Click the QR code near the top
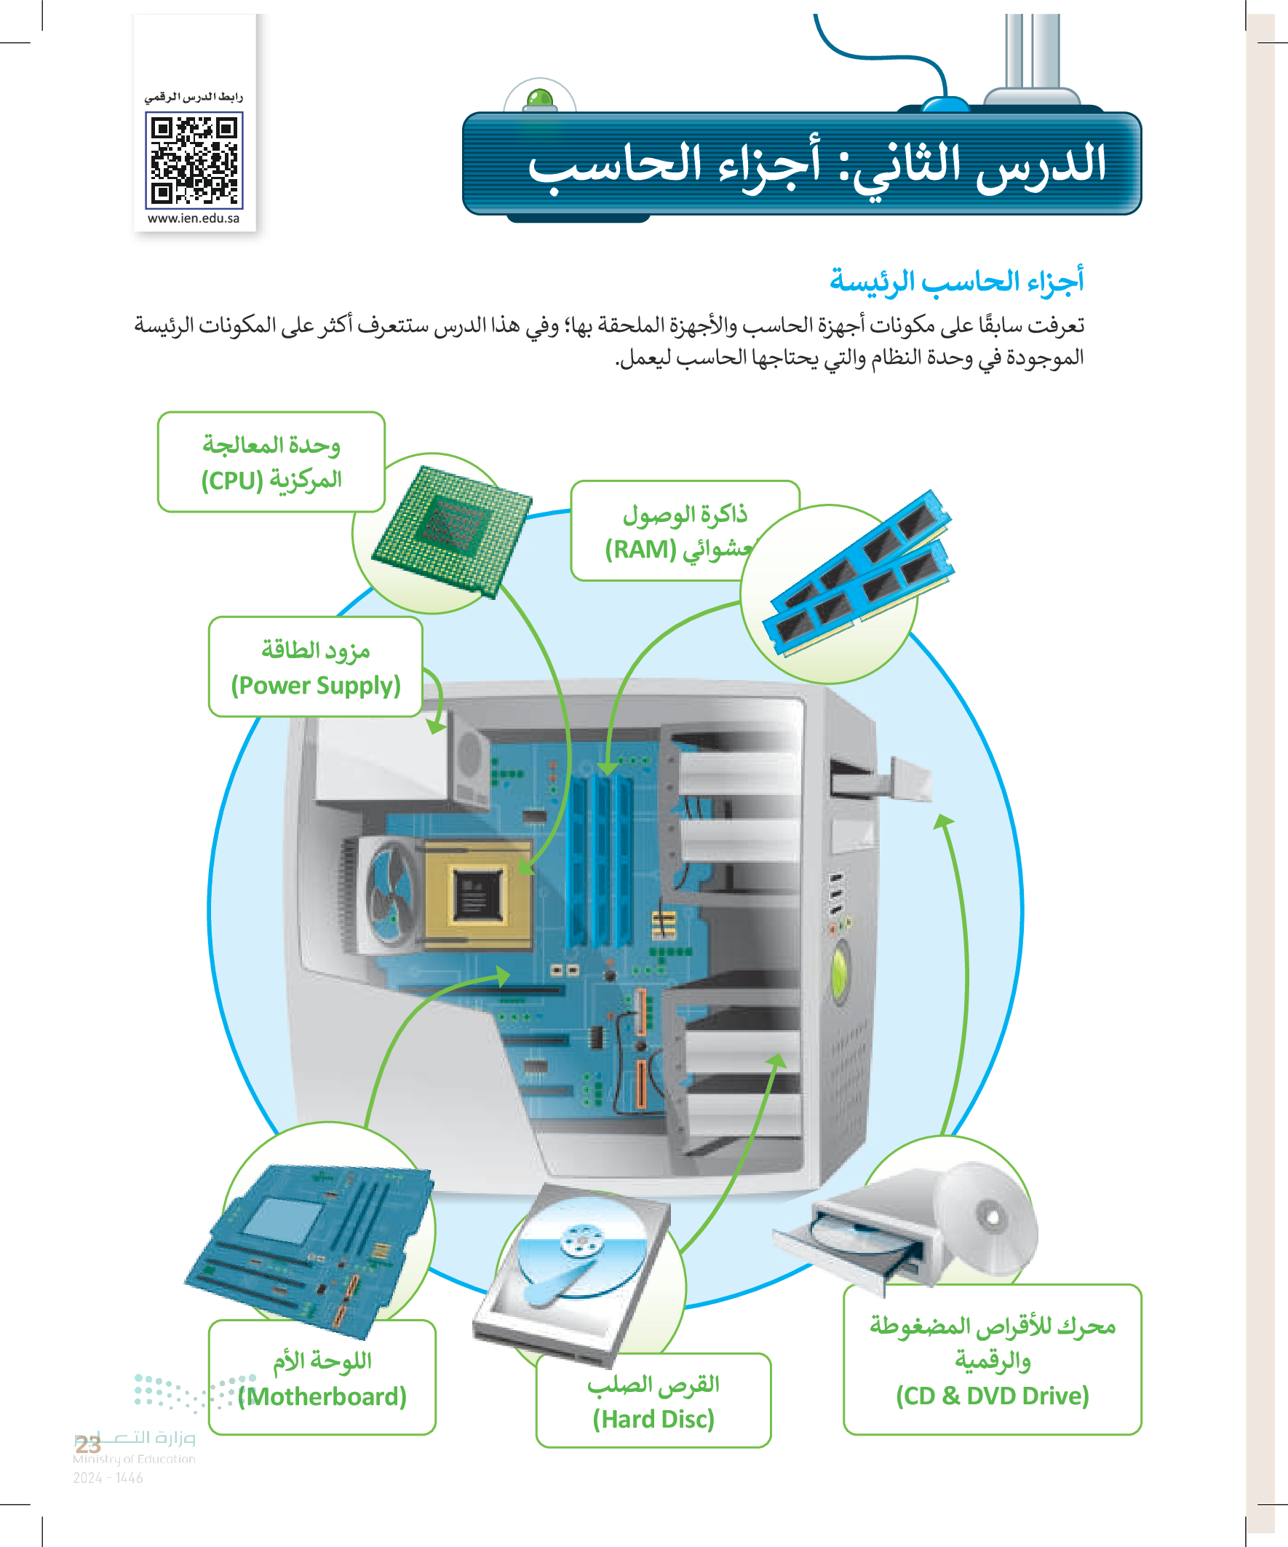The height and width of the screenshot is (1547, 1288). click(x=194, y=160)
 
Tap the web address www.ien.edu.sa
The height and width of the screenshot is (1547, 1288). click(x=194, y=219)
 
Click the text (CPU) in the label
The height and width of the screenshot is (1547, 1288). click(x=232, y=481)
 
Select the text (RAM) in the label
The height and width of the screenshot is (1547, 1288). click(x=640, y=550)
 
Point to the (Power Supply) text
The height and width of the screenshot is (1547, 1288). click(x=315, y=686)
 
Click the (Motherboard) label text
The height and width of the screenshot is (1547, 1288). click(x=322, y=1397)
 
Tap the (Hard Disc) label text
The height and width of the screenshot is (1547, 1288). click(x=653, y=1419)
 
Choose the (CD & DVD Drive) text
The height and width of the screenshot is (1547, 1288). click(x=992, y=1396)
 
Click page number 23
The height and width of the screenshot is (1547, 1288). click(x=87, y=1444)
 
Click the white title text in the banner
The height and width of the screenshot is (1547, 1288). click(x=816, y=165)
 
